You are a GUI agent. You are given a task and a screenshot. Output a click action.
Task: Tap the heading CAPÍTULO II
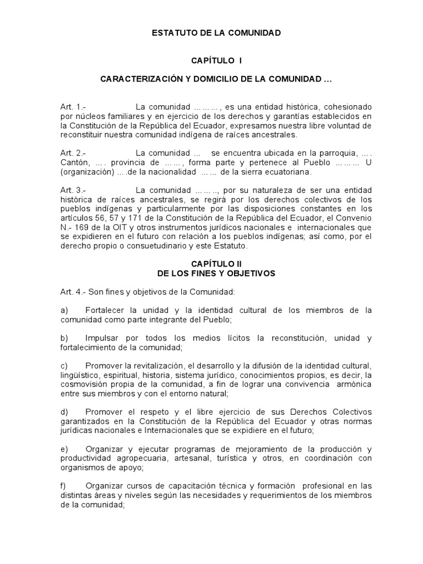tap(216, 264)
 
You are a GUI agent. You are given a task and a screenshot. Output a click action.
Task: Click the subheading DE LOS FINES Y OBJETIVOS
tap(216, 273)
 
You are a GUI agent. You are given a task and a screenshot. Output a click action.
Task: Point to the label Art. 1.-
tap(72, 106)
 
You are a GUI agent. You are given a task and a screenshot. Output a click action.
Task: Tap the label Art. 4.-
tap(72, 291)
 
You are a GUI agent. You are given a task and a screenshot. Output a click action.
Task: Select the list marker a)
tap(64, 311)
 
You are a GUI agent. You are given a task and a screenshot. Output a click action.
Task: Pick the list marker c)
tap(64, 366)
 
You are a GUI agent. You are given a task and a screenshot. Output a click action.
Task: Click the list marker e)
tap(64, 449)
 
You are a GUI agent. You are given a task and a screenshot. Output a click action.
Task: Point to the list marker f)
tap(64, 486)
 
